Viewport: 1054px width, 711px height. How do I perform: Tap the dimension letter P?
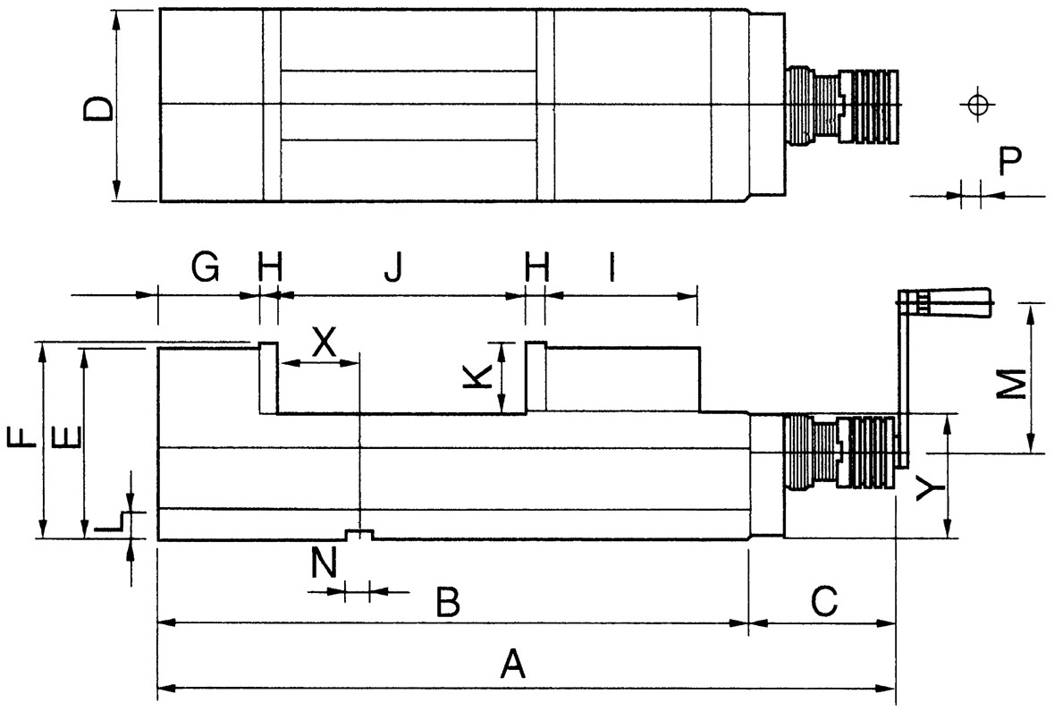(x=1009, y=160)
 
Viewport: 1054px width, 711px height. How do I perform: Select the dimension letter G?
(x=205, y=267)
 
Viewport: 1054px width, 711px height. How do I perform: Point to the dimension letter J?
(x=393, y=267)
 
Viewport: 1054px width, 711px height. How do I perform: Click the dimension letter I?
(x=611, y=267)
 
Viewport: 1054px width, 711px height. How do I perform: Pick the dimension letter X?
(x=324, y=342)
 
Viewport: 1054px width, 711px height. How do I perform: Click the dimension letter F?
(x=21, y=436)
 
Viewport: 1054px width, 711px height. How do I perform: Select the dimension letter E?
(x=65, y=436)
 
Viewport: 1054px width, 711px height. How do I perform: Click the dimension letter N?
(x=324, y=563)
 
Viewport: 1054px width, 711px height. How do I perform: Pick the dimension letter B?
(x=449, y=602)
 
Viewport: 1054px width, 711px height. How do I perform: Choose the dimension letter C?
(x=824, y=602)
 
